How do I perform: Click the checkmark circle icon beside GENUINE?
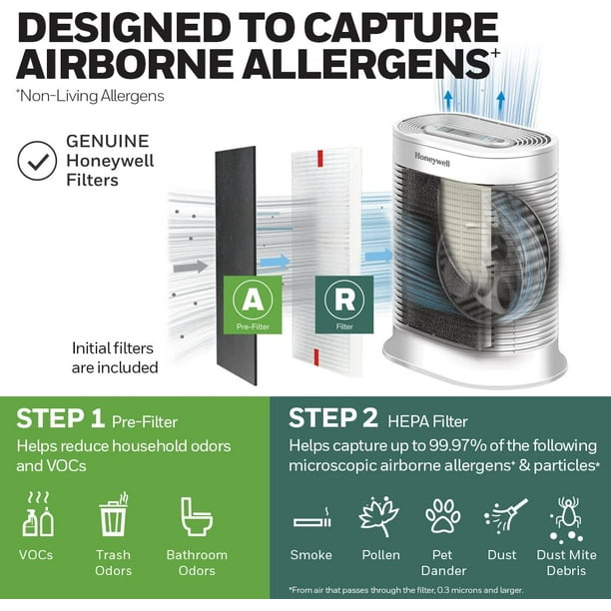(37, 161)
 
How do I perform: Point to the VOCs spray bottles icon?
(38, 515)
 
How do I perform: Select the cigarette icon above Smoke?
(311, 521)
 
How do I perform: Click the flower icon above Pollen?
(379, 516)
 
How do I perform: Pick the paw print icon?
(442, 516)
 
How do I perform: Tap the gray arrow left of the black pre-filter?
(189, 267)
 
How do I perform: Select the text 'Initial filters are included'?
(115, 357)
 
